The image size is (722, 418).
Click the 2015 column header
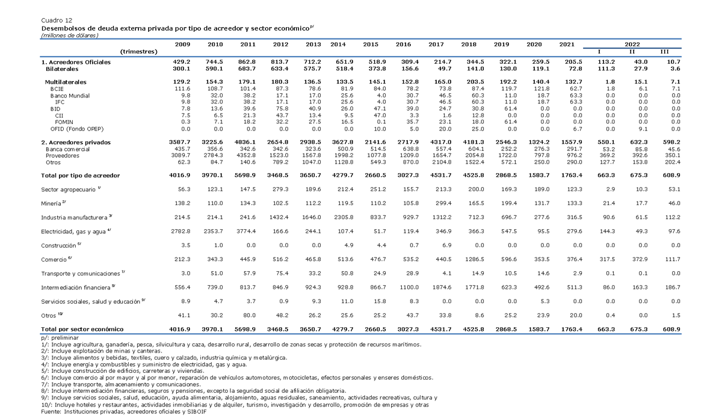[371, 45]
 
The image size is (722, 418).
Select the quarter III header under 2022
[665, 52]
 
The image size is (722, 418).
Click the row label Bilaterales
[62, 69]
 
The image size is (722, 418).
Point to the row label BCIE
[57, 89]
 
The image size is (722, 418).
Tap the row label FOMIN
[64, 122]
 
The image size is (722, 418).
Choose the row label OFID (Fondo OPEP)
[77, 129]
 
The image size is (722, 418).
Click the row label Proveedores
[62, 156]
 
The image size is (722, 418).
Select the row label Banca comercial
[67, 149]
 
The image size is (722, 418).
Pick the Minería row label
[51, 203]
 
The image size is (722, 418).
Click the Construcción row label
[58, 245]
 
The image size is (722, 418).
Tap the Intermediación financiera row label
[75, 287]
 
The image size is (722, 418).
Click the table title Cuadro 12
[57, 20]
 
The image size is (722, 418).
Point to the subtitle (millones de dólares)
[70, 35]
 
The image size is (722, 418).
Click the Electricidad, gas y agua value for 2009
[180, 232]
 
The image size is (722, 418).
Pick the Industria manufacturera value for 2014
[344, 218]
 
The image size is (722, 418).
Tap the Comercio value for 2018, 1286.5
[475, 259]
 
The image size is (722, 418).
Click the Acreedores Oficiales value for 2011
[248, 62]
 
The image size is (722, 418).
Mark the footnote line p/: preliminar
[60, 338]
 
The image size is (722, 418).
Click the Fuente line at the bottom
[124, 412]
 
